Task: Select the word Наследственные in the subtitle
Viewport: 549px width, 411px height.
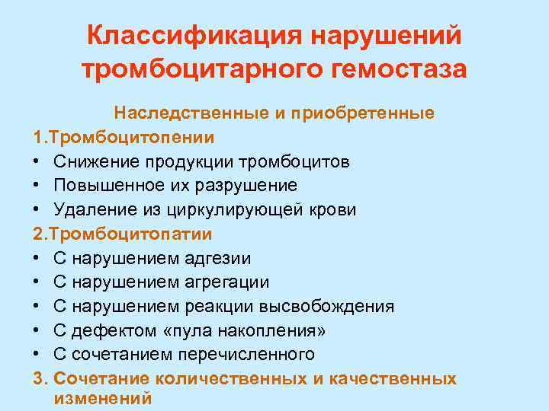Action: [x=181, y=113]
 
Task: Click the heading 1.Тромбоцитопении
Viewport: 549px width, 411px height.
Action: [x=124, y=137]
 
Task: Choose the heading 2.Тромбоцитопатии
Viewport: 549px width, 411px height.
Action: [x=124, y=234]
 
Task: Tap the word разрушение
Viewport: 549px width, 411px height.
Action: [x=247, y=186]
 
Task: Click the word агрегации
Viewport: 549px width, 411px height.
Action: [x=227, y=282]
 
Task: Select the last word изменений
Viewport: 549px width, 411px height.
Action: [x=103, y=399]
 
